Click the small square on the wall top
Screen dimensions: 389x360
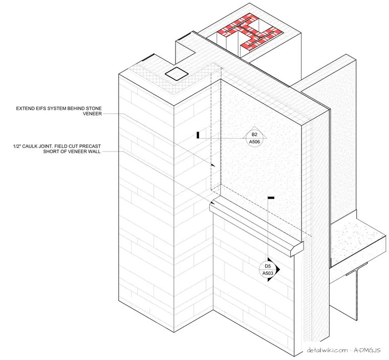tap(177, 74)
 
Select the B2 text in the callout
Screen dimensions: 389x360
tap(254, 135)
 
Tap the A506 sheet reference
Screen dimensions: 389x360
tap(254, 142)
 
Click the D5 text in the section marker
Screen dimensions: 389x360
tap(268, 266)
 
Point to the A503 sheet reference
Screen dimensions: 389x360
tap(268, 273)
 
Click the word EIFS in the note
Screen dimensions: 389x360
tap(40, 109)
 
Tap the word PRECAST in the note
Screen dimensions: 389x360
tap(91, 146)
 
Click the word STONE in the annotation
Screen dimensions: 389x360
tap(94, 109)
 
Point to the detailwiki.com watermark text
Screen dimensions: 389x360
tap(327, 350)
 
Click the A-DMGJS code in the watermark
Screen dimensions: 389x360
tap(367, 350)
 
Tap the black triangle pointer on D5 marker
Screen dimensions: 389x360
tap(274, 270)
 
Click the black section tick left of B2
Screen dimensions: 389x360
tap(198, 135)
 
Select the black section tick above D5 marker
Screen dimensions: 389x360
tap(271, 198)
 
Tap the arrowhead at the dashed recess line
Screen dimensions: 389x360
tap(213, 165)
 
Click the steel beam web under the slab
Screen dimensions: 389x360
tap(357, 295)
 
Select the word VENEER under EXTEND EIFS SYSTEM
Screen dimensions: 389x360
tap(92, 114)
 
